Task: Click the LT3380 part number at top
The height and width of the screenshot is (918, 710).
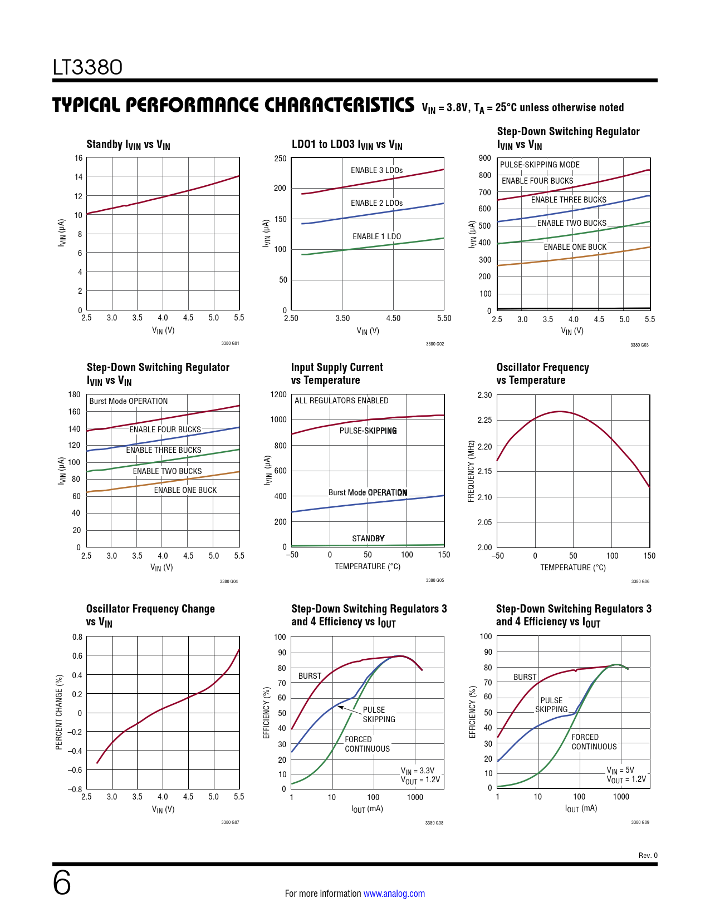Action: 87,67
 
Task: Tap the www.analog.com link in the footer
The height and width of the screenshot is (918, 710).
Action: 394,894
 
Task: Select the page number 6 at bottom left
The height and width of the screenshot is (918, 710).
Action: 62,883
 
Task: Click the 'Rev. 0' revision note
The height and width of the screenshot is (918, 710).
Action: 648,856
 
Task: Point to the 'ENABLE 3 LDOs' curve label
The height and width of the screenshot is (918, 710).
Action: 376,170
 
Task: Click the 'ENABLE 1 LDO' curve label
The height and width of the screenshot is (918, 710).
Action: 376,236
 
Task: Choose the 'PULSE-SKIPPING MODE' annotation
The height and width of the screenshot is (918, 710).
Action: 539,165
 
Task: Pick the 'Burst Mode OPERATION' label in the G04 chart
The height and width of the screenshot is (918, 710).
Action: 128,401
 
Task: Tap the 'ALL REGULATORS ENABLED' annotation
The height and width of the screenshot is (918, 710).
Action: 341,401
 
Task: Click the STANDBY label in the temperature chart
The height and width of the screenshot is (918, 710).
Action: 368,539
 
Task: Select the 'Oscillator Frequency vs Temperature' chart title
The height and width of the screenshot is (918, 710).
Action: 542,374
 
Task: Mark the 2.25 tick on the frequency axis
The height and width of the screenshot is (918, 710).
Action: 484,420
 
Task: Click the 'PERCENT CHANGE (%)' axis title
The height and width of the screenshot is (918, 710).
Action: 59,712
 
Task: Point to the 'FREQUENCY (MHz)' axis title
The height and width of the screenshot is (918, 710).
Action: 471,472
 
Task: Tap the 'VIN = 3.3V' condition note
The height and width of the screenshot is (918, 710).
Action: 418,771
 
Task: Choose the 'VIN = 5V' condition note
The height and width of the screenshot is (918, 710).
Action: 620,771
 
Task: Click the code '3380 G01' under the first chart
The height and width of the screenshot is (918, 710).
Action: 230,343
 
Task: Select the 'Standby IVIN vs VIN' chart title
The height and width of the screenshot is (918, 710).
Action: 128,145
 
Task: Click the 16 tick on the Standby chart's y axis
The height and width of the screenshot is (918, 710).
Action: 79,158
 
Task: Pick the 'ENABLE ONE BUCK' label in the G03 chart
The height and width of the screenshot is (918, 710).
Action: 575,247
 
